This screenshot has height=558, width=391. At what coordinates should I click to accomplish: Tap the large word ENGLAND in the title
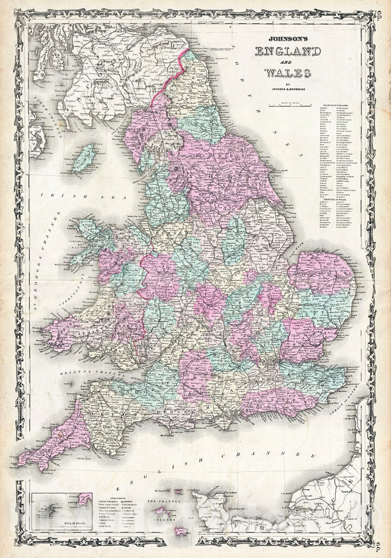(288, 52)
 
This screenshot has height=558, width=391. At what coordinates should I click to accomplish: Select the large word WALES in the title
(288, 73)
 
